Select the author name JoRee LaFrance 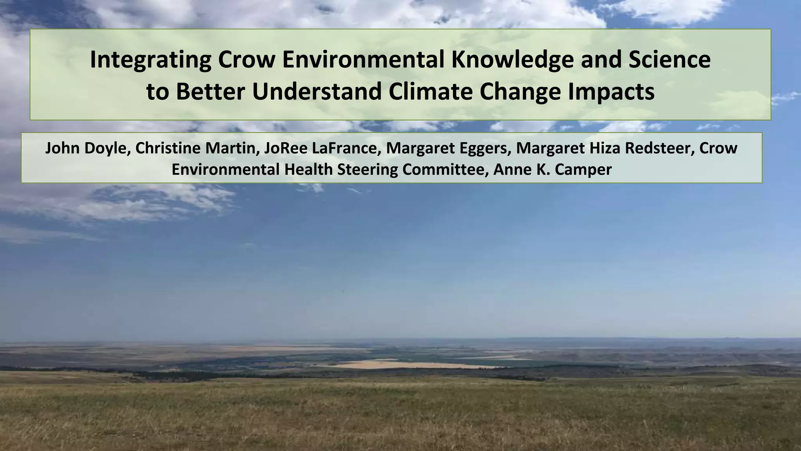click(321, 148)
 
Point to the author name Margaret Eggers click(446, 148)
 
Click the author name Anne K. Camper click(552, 170)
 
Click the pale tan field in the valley click(407, 364)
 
